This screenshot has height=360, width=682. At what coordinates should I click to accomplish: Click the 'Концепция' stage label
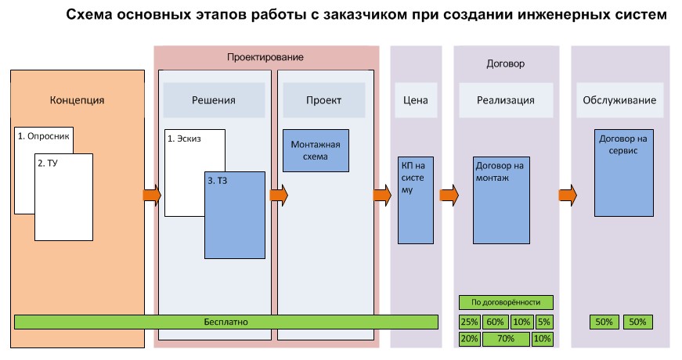(77, 100)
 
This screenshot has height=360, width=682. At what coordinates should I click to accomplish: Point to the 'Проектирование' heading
(265, 58)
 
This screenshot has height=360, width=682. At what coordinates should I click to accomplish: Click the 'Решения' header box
(214, 100)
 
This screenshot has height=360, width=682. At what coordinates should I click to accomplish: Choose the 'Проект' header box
(323, 100)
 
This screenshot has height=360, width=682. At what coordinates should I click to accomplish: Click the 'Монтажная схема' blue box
(316, 150)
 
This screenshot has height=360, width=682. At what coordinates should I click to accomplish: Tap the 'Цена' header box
(415, 100)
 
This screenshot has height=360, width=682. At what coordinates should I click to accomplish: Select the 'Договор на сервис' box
(623, 172)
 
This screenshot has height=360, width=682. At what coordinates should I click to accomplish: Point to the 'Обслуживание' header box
(619, 100)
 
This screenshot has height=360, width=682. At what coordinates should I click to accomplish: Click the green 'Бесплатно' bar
(226, 322)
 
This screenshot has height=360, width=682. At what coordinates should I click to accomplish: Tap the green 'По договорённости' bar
(506, 302)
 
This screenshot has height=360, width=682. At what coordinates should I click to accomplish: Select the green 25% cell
(470, 322)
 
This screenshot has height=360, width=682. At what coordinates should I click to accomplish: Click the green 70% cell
(506, 339)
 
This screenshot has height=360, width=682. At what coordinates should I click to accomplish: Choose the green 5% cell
(544, 322)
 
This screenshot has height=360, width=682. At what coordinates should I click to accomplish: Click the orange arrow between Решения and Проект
(279, 194)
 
